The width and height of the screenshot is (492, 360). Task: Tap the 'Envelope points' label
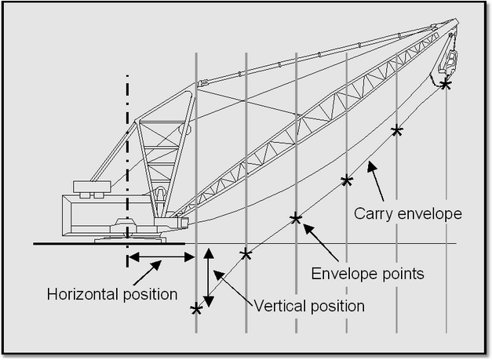[x=367, y=274]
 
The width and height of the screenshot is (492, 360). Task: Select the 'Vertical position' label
[x=309, y=306]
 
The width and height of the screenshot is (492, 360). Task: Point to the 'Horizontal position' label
[x=112, y=295]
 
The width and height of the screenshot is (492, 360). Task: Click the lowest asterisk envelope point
[x=196, y=309]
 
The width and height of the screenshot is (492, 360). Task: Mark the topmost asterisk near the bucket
[x=446, y=84]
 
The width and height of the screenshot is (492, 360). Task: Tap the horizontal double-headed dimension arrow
[x=157, y=256]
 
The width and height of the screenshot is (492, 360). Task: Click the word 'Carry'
[x=372, y=213]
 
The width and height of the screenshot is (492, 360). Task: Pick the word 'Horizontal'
[x=82, y=295]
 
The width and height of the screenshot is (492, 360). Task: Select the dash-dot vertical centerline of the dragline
[x=127, y=157]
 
